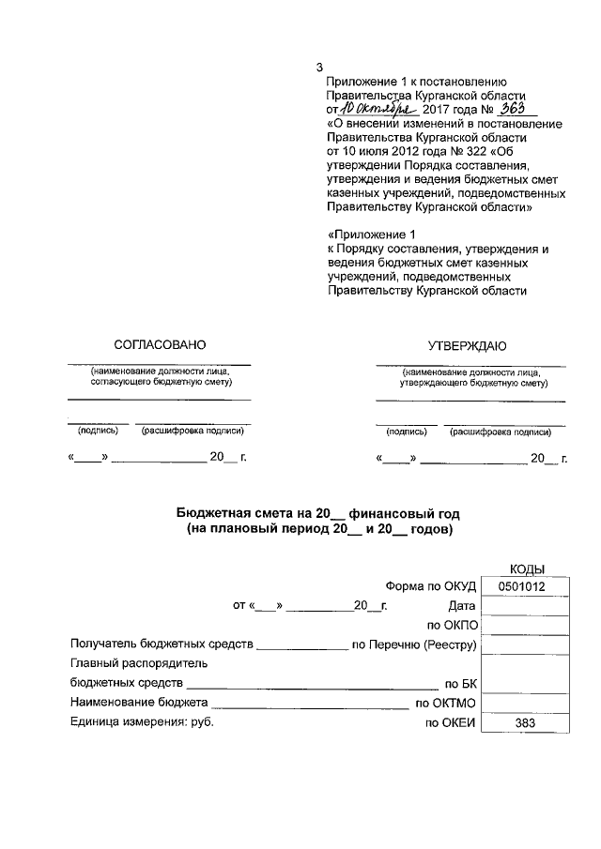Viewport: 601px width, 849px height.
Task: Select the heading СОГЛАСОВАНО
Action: click(x=160, y=345)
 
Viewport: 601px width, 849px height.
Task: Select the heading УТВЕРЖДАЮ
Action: click(x=468, y=345)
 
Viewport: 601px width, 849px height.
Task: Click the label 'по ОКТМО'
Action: click(x=447, y=703)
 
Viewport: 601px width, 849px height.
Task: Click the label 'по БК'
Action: click(x=461, y=684)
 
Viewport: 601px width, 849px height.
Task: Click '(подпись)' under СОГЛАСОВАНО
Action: click(x=97, y=432)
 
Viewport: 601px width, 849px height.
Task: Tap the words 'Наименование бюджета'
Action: click(x=139, y=703)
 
